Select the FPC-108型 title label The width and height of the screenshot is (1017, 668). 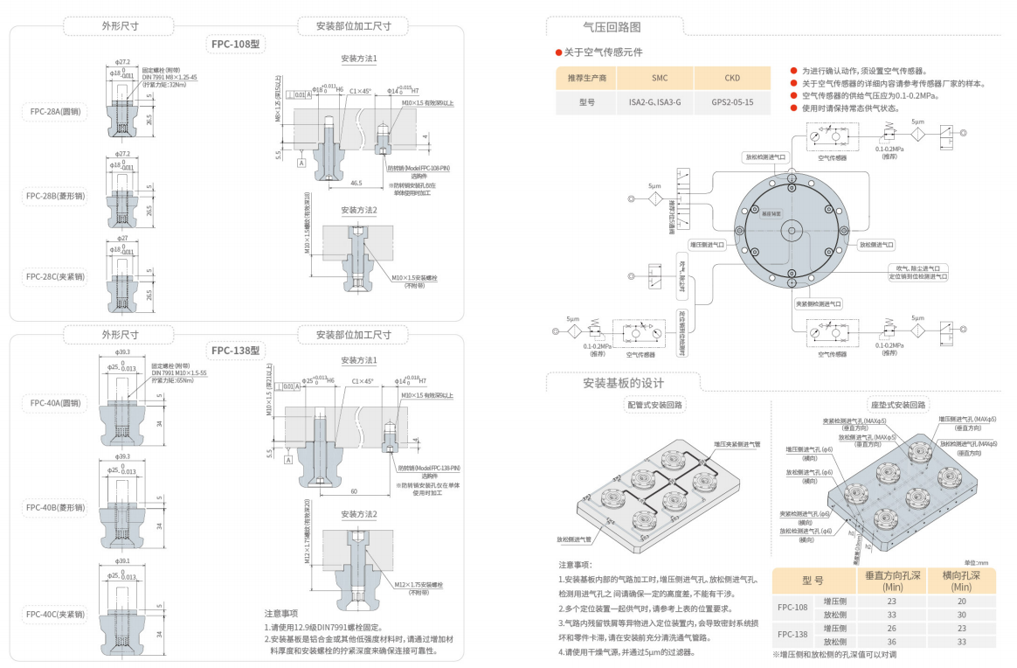pyautogui.click(x=236, y=43)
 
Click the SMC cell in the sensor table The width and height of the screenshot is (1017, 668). pyautogui.click(x=660, y=78)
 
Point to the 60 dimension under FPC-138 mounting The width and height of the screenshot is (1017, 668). pyautogui.click(x=354, y=491)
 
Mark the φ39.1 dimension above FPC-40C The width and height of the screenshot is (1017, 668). pyautogui.click(x=121, y=561)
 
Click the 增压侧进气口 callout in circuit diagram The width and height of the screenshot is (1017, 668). pyautogui.click(x=708, y=245)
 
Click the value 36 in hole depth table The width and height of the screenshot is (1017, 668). pyautogui.click(x=891, y=642)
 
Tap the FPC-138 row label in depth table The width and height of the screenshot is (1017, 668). pyautogui.click(x=792, y=635)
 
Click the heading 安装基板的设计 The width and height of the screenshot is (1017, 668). pyautogui.click(x=623, y=383)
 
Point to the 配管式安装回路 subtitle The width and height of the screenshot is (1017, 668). pyautogui.click(x=655, y=405)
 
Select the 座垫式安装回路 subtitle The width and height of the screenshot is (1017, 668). pyautogui.click(x=899, y=405)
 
